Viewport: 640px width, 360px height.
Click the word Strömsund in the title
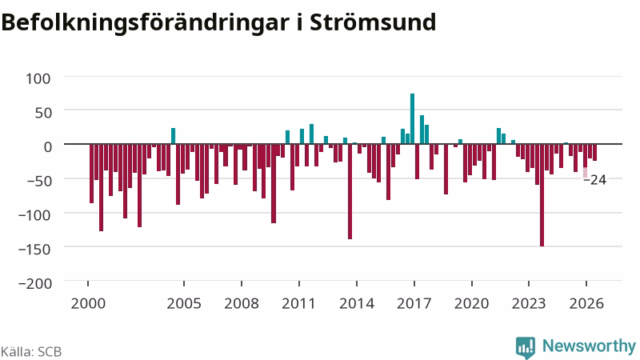tap(373, 22)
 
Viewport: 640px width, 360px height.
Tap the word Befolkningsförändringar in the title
tap(145, 23)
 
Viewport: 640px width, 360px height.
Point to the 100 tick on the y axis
tap(38, 78)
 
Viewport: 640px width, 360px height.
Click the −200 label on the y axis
tap(35, 283)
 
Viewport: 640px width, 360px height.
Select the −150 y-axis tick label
tap(35, 249)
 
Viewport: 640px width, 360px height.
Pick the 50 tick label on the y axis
tap(43, 113)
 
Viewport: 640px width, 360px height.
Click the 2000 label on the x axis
tap(88, 304)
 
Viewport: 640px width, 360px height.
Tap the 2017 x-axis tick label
tap(414, 304)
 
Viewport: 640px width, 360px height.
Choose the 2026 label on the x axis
tap(586, 304)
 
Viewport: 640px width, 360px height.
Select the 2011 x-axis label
tap(298, 304)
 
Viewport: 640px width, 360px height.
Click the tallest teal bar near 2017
tap(412, 118)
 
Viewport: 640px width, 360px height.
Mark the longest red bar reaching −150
tap(542, 195)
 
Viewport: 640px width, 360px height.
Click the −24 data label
tap(595, 179)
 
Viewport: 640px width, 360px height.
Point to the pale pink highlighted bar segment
tap(585, 173)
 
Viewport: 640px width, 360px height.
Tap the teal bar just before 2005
tap(173, 136)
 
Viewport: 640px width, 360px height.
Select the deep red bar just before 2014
tap(350, 191)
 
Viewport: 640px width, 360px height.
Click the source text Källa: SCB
tap(31, 351)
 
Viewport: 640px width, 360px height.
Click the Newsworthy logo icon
tap(526, 348)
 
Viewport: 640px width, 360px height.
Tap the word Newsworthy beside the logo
tap(589, 346)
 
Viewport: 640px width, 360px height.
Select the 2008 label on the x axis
tap(242, 304)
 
